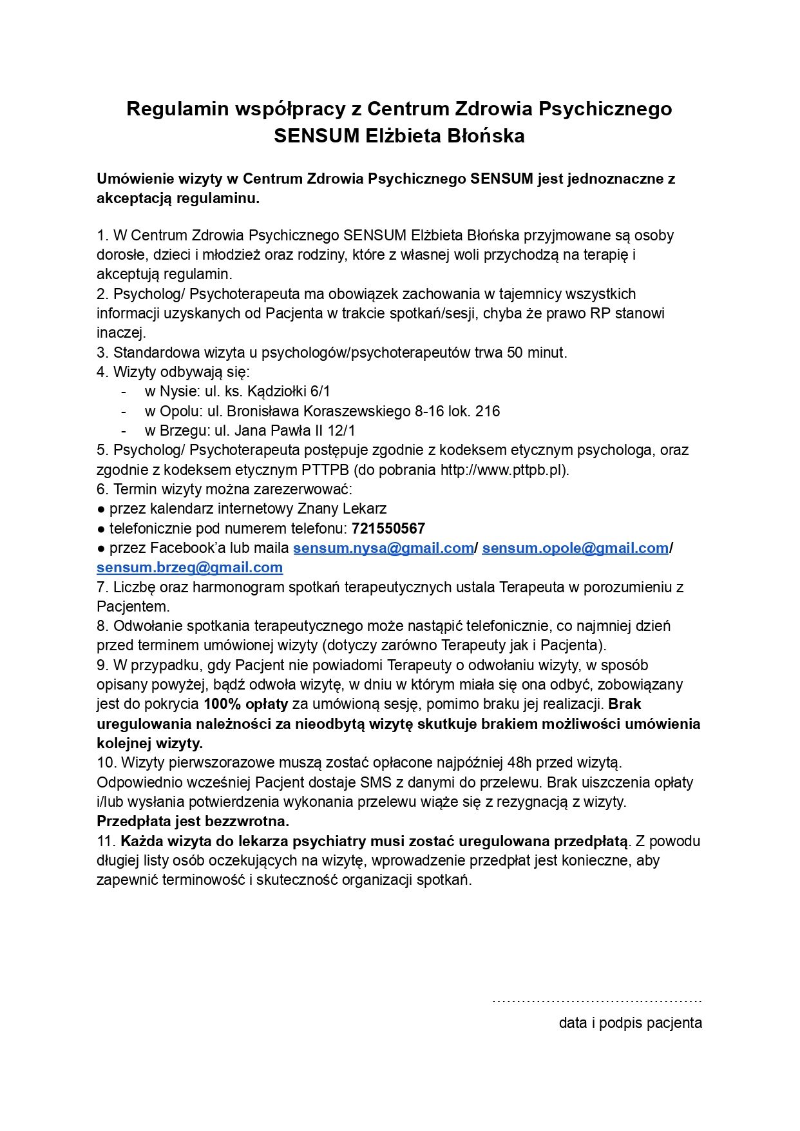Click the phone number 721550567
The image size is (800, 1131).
tap(388, 529)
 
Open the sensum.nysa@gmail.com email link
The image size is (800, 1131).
tap(383, 548)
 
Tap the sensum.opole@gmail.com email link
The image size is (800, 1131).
tap(575, 548)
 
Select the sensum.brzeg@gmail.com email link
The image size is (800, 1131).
tap(189, 568)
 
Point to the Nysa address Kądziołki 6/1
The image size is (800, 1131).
tap(289, 392)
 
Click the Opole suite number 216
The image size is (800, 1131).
tap(488, 411)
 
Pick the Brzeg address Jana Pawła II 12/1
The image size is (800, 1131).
tap(294, 430)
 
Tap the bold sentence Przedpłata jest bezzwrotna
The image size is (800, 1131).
tap(193, 822)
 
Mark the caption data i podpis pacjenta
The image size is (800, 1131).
tap(630, 1023)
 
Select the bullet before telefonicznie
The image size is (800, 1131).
tap(101, 529)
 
